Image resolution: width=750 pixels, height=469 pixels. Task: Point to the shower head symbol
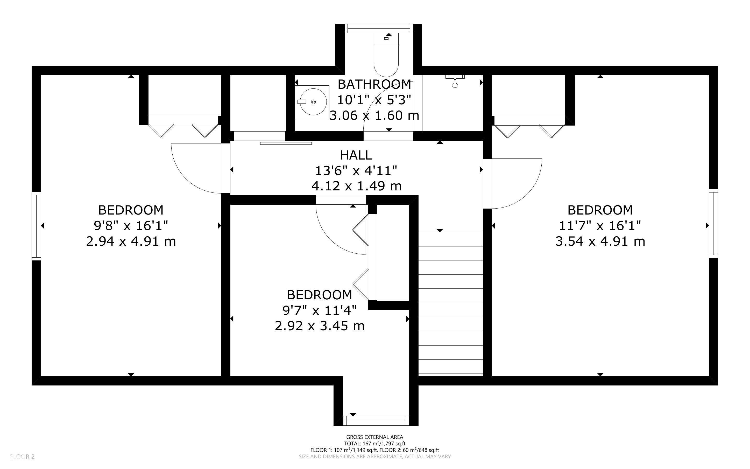tap(455, 81)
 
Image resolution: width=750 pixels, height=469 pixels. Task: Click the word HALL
tap(356, 155)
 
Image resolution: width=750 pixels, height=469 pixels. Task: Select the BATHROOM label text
tap(374, 84)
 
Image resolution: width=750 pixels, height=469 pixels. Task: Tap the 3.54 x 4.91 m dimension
tap(600, 241)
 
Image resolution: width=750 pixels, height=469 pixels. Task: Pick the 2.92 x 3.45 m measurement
tap(319, 326)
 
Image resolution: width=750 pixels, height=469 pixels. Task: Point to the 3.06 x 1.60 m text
tap(374, 115)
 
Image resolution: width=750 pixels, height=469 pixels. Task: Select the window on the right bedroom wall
tap(713, 223)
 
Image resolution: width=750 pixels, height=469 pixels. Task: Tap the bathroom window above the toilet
tap(379, 29)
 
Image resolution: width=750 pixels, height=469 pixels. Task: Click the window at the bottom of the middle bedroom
tap(376, 421)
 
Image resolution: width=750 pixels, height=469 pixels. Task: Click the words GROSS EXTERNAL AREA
tap(374, 437)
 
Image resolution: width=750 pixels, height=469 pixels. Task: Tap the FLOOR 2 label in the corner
tap(22, 457)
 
